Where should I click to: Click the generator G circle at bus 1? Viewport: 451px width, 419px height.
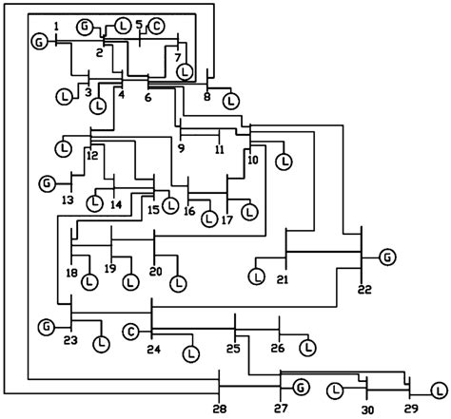(x=39, y=42)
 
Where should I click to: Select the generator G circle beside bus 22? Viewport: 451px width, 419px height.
(x=387, y=256)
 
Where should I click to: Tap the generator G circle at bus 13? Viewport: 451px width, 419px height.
(x=46, y=181)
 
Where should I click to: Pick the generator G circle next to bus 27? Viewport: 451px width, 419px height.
(x=301, y=387)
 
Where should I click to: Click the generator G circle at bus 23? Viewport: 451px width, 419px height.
(x=46, y=328)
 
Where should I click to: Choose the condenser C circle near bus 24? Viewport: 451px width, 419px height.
(x=131, y=333)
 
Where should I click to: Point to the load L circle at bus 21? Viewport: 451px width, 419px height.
(x=256, y=276)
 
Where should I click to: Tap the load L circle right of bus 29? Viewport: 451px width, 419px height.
(x=439, y=390)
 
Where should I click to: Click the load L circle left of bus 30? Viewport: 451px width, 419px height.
(x=335, y=390)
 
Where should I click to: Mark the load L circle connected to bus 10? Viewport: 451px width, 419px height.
(x=283, y=161)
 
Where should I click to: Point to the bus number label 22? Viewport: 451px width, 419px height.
(x=364, y=290)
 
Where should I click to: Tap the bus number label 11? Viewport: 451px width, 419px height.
(x=220, y=150)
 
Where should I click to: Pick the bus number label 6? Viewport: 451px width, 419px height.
(x=148, y=98)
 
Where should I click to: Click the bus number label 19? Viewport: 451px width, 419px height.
(x=110, y=270)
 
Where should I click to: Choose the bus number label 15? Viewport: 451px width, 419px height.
(x=153, y=210)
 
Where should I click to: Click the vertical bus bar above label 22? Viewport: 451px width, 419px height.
(x=362, y=251)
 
